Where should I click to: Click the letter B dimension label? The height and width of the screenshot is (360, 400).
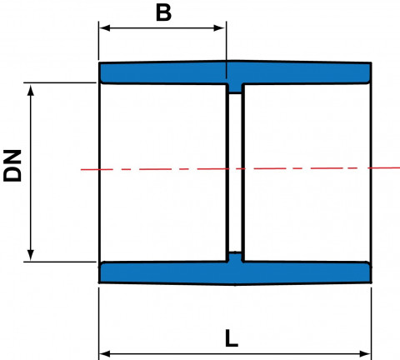163,12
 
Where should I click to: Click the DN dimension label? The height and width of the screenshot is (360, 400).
12,166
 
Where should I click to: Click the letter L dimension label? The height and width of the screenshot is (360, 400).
232,338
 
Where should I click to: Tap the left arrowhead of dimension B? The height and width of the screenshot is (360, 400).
104,27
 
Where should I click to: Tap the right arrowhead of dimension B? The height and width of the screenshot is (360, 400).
219,27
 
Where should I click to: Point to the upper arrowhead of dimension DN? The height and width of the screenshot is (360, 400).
31,90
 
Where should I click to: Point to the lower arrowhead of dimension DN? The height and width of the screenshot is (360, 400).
31,255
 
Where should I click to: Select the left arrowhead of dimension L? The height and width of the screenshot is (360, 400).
105,354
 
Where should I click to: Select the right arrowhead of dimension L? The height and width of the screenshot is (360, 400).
365,354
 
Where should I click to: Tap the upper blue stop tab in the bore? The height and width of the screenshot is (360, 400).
235,88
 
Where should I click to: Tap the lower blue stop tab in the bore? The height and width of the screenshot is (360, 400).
235,257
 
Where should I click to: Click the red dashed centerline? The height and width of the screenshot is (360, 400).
240,168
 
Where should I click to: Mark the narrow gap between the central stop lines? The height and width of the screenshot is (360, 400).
235,172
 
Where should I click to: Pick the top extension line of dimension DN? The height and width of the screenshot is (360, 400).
60,82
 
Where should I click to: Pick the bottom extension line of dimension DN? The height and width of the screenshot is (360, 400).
60,262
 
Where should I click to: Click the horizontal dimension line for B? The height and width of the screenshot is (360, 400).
162,27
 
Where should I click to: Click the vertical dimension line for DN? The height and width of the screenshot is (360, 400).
31,172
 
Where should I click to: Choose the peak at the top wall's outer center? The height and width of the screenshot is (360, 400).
232,60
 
